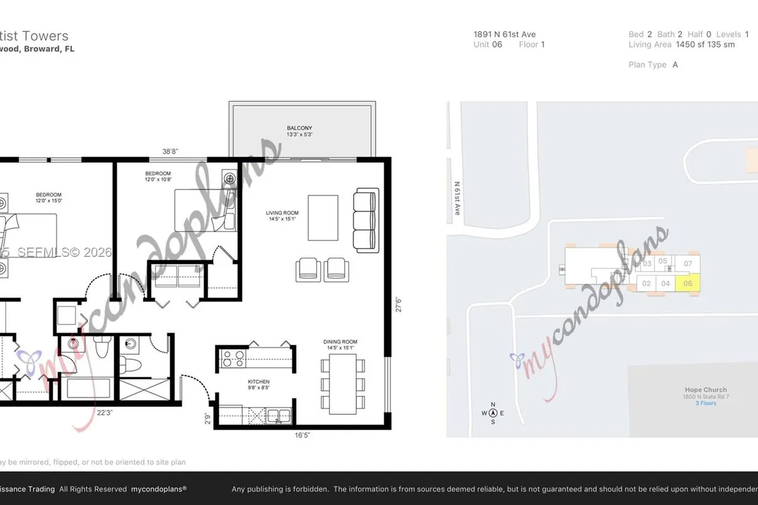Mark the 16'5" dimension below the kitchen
pos(301,435)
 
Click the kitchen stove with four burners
pos(231,358)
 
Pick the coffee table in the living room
pos(323,218)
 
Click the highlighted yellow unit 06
pos(688,283)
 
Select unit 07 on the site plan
pos(688,263)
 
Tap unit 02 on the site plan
pos(646,283)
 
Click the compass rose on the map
pos(493,413)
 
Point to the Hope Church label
pos(706,390)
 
